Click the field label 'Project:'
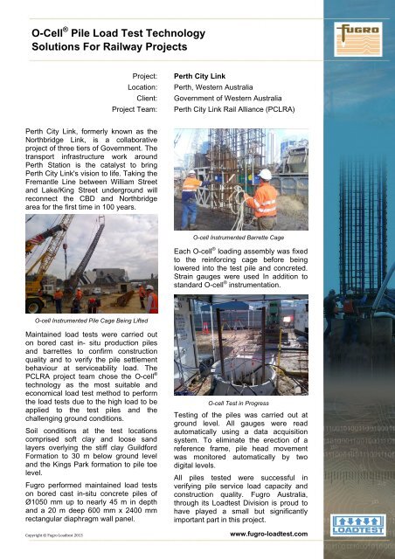coord(144,77)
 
